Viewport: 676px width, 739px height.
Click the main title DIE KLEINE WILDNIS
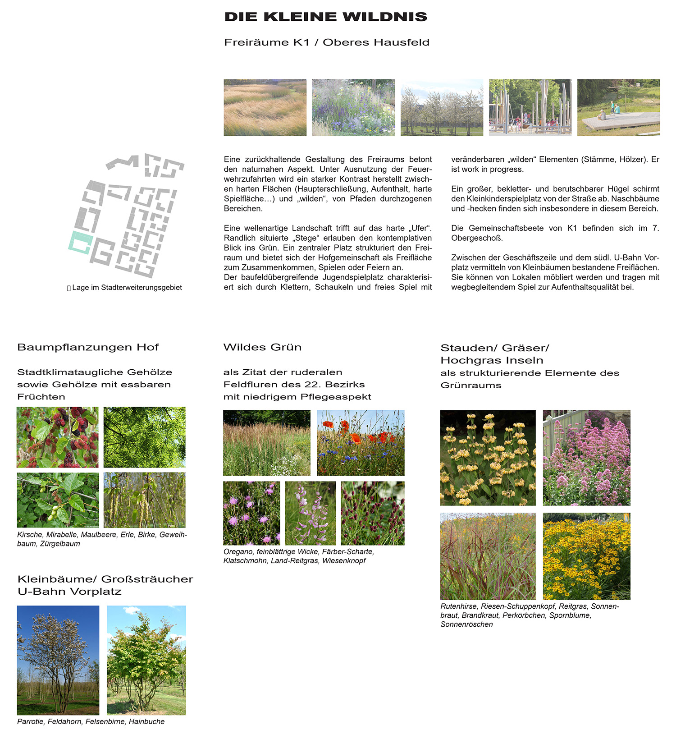tap(325, 17)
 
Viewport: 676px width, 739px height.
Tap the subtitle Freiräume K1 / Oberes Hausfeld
tap(326, 42)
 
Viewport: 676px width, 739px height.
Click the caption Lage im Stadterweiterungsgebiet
tap(127, 288)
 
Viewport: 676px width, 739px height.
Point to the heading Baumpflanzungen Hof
tap(88, 347)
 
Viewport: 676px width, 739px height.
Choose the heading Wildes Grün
tap(262, 347)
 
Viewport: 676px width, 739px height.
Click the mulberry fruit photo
tap(57, 437)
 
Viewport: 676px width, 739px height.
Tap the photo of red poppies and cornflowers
tap(361, 442)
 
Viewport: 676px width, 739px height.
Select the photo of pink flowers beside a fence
tap(586, 457)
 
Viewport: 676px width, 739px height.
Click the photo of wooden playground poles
tap(530, 107)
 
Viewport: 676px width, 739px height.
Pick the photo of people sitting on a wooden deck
tap(618, 107)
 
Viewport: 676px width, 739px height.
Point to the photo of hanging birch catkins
tap(144, 500)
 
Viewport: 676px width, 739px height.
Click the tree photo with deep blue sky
tap(58, 660)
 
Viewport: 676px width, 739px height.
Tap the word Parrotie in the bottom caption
tap(31, 721)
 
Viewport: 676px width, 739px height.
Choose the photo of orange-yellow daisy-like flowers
tap(586, 556)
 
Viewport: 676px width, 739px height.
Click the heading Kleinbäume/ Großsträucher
tap(105, 579)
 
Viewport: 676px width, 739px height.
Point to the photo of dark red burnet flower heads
tap(372, 513)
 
